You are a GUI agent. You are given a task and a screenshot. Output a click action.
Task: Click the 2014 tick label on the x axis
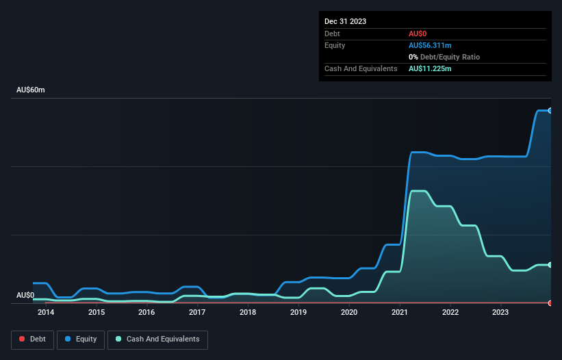pos(46,313)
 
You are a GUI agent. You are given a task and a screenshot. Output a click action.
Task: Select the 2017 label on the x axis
pos(197,313)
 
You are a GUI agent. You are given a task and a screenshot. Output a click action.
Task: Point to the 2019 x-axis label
pos(298,313)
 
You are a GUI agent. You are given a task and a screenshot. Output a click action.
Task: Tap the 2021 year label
pos(400,313)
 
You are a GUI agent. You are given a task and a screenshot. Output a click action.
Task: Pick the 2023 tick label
pos(500,313)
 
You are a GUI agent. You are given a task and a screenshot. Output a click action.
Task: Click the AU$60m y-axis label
pos(31,90)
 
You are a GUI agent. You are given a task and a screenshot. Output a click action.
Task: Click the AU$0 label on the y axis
pos(25,295)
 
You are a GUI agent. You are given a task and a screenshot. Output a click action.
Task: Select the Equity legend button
pos(81,339)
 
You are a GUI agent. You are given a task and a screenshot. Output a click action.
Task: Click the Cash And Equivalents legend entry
pos(157,339)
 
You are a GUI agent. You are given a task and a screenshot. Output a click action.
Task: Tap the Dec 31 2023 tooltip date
pos(345,21)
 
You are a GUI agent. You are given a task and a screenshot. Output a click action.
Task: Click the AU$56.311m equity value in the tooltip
pos(430,45)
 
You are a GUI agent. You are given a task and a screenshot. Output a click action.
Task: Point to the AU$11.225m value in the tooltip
pos(430,69)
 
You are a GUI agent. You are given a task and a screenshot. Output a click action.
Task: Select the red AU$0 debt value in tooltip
pos(418,34)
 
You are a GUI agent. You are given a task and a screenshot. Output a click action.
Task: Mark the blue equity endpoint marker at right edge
pos(550,110)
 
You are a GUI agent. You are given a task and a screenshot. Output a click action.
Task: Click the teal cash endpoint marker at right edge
pos(550,265)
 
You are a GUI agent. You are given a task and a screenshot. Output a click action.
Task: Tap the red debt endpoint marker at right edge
pos(550,303)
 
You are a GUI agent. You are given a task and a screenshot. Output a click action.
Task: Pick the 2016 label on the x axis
pos(146,313)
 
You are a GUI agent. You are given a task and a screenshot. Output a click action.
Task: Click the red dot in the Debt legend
pos(22,339)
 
